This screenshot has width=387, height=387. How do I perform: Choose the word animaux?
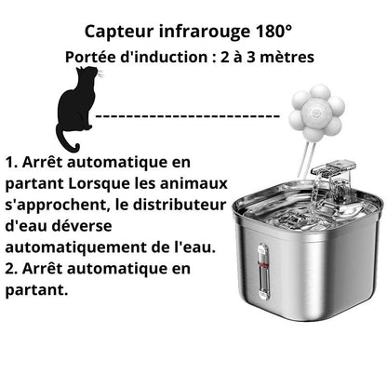pyautogui.click(x=207, y=183)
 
